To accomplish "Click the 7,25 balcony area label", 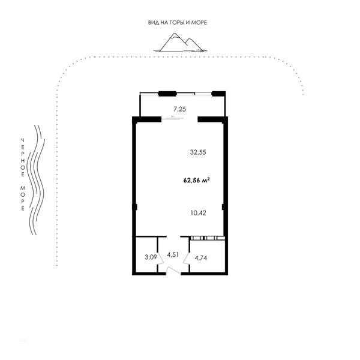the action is pos(179,109).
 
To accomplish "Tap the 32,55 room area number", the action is pos(198,152).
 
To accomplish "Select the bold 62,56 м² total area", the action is pos(197,180).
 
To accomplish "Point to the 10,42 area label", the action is pos(198,213).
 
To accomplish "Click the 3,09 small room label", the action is pos(151,257).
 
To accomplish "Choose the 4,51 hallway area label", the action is pos(173,254).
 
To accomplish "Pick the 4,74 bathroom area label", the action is pos(201,258).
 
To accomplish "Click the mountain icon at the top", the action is pos(180,43).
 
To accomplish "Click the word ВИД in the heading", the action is pos(152,23).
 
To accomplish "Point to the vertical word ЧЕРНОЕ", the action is pos(23,157).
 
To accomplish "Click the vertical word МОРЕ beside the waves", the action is pos(23,199).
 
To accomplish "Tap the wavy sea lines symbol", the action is pos(36,180).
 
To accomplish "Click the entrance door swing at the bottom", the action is pos(173,271).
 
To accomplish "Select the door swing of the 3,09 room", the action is pos(160,259).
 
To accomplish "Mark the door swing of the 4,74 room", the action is pos(186,259).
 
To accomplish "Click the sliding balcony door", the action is pos(173,118).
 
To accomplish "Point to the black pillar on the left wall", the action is pos(135,207).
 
